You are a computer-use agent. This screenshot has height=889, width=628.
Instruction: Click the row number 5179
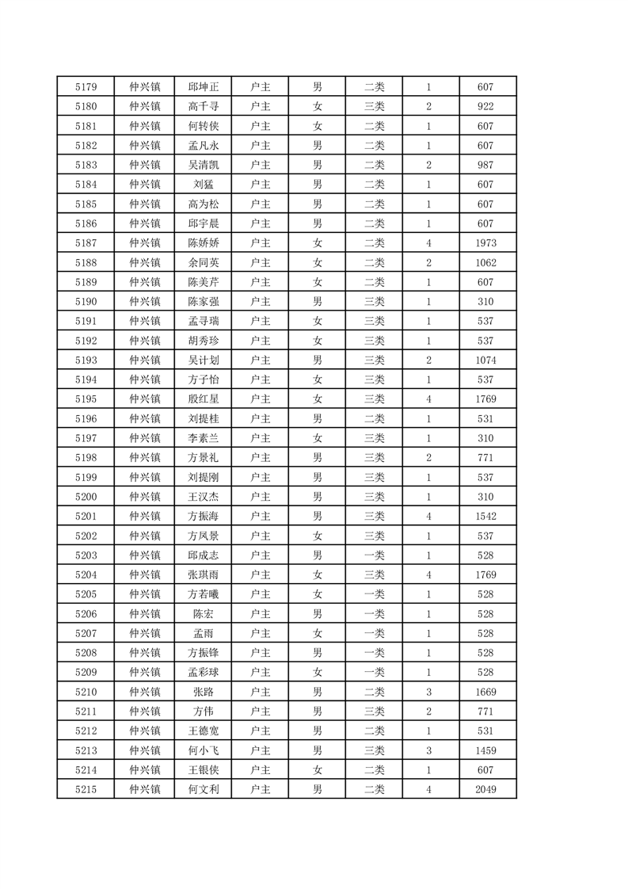coord(86,87)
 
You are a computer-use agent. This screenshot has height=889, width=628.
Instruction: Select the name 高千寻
coord(203,107)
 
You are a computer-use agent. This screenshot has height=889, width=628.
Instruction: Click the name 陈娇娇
coord(203,243)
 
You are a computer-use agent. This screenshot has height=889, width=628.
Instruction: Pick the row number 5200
coord(86,497)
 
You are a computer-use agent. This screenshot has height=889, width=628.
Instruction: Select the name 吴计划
coord(203,361)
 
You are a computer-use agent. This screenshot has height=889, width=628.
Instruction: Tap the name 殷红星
coord(203,399)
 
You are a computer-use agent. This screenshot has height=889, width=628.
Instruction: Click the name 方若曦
coord(203,594)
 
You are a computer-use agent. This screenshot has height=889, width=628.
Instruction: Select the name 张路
coord(203,692)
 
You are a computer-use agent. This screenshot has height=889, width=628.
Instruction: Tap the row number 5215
coord(86,789)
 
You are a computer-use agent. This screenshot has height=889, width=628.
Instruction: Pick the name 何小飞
coord(203,750)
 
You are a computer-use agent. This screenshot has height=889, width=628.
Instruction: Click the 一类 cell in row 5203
coord(374,555)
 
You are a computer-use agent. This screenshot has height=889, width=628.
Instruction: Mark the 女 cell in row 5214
coord(317,770)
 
